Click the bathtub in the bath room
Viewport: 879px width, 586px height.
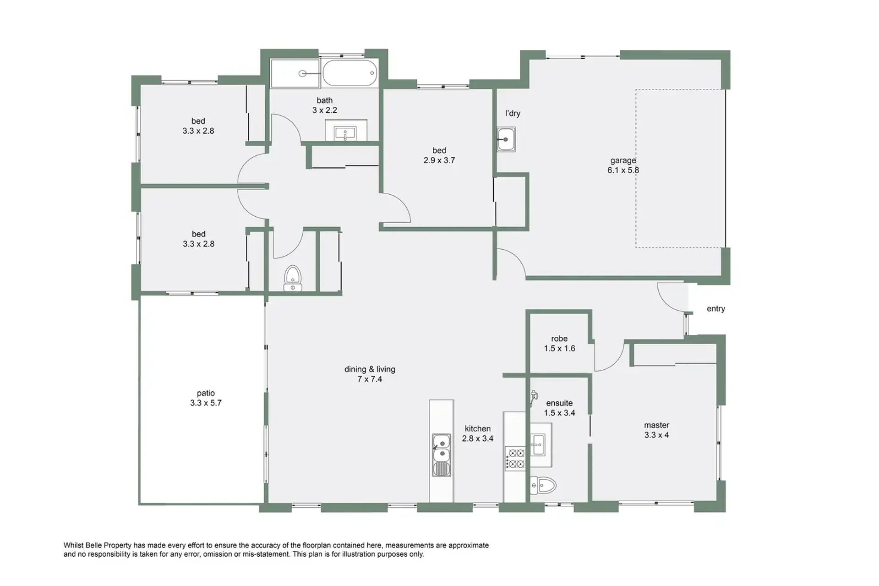(x=350, y=73)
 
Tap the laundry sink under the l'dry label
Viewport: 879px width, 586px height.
(x=506, y=139)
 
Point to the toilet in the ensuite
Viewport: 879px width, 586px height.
(x=543, y=485)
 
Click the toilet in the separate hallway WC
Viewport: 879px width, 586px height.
(x=293, y=278)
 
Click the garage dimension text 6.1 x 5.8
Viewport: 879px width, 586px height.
(x=623, y=170)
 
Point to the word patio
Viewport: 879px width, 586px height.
(x=206, y=393)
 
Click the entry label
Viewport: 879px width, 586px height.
(x=715, y=309)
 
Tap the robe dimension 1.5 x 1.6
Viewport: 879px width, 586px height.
(x=559, y=349)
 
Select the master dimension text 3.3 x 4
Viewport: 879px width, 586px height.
(x=656, y=435)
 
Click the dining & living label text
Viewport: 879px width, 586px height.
(x=370, y=369)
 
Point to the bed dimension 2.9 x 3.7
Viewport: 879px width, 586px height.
(x=439, y=160)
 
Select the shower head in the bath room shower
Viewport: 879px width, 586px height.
(x=303, y=73)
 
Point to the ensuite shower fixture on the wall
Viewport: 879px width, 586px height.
(x=533, y=398)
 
